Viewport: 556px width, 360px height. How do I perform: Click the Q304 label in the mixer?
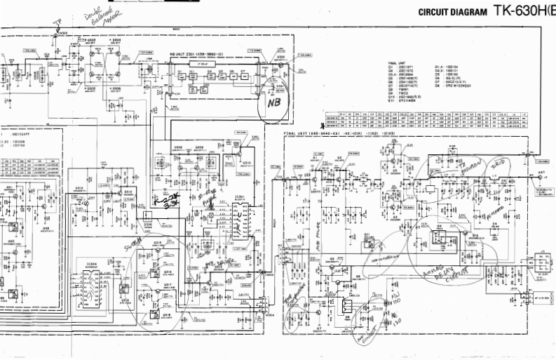pos(116,41)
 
